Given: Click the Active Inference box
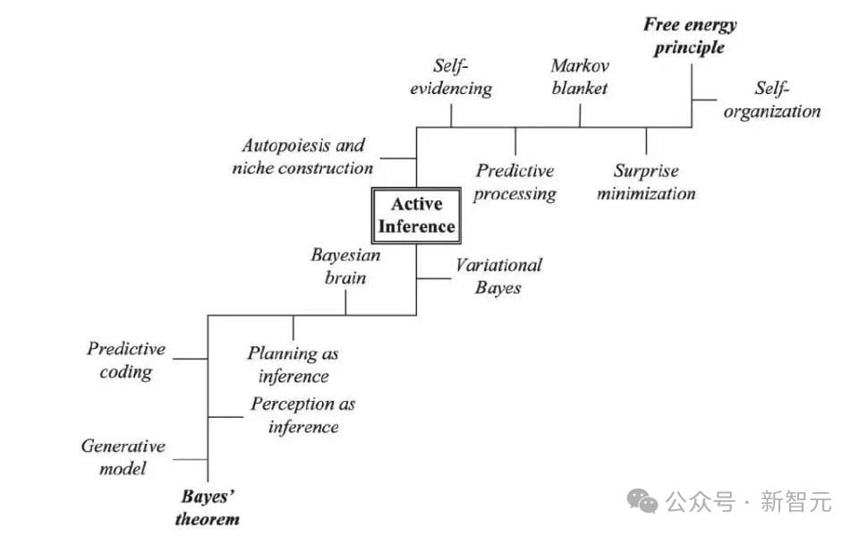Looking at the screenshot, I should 415,216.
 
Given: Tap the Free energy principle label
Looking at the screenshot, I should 690,36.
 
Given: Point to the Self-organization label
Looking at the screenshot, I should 772,100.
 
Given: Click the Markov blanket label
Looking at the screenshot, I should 579,77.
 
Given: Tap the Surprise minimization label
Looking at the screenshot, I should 645,182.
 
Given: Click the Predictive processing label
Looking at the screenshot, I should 515,182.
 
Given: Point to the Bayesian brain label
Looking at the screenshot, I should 344,266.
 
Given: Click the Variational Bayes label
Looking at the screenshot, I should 498,276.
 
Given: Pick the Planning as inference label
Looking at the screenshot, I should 293,364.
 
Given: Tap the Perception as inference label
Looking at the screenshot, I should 302,415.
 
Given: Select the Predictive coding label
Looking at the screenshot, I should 126,360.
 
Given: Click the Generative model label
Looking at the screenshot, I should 123,456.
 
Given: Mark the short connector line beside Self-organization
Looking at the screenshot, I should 704,99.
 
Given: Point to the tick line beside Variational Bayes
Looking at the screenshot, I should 433,278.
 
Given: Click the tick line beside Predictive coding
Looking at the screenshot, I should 191,358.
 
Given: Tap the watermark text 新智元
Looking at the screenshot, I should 795,502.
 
